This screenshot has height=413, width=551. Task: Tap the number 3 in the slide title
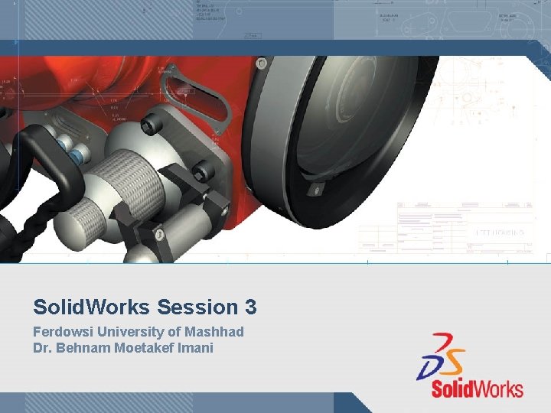250,307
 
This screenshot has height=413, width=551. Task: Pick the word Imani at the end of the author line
196,348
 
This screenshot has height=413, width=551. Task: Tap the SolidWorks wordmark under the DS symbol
477,387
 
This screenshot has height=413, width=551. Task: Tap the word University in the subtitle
126,332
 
